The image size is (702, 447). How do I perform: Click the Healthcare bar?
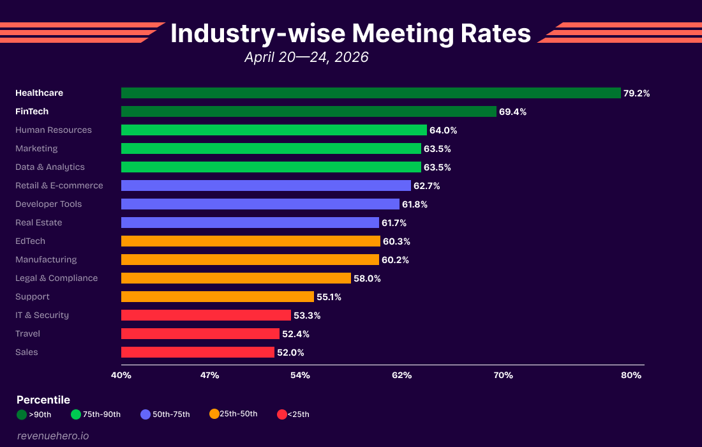[371, 93]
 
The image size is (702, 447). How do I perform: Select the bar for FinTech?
[308, 112]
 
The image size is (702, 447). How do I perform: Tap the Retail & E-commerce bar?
[265, 186]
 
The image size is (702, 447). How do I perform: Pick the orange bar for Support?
[217, 297]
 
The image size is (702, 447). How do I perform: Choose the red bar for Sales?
[197, 352]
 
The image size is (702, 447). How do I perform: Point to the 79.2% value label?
[636, 93]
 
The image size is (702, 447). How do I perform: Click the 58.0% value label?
[367, 278]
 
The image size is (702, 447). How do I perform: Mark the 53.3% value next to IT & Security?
[307, 315]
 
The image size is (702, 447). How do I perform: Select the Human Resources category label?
[54, 130]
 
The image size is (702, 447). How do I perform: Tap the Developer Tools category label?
[49, 204]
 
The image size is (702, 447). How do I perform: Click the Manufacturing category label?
[46, 260]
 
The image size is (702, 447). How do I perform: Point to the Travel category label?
[27, 334]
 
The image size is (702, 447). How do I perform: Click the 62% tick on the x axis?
[402, 375]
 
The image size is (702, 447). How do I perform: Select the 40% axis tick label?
[121, 375]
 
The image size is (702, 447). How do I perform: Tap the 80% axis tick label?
[631, 375]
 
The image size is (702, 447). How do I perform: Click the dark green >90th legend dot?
[22, 414]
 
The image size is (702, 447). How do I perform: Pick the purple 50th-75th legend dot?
[146, 414]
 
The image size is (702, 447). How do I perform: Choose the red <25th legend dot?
[282, 414]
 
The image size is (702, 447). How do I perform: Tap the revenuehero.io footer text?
[53, 436]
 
